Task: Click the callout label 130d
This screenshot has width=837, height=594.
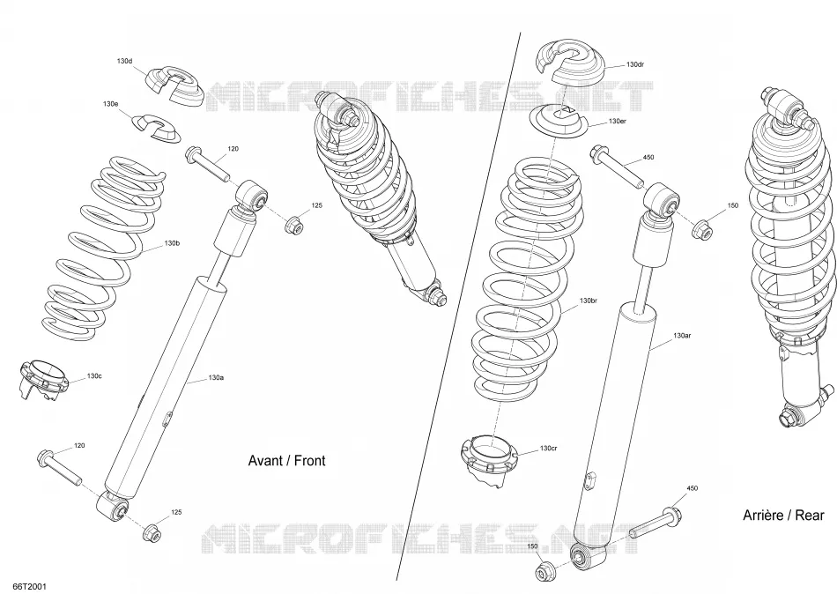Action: click(x=124, y=62)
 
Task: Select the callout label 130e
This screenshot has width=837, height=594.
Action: click(x=110, y=104)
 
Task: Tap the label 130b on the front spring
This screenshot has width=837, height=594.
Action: click(x=172, y=243)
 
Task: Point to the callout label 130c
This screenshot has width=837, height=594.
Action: click(x=94, y=376)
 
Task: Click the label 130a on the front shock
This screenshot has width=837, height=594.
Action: click(x=216, y=378)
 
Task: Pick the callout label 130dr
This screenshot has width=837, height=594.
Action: click(x=634, y=64)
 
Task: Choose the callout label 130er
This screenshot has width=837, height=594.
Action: click(x=617, y=122)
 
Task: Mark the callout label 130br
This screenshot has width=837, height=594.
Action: click(x=589, y=301)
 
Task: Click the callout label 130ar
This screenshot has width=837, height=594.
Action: click(x=682, y=336)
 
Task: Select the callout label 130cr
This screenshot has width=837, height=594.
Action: click(x=549, y=449)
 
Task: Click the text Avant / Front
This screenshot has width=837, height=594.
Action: click(x=286, y=461)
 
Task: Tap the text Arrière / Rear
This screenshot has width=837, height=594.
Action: click(x=783, y=516)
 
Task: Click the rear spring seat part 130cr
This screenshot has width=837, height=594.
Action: click(x=490, y=460)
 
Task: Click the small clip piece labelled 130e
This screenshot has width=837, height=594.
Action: click(x=156, y=129)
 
